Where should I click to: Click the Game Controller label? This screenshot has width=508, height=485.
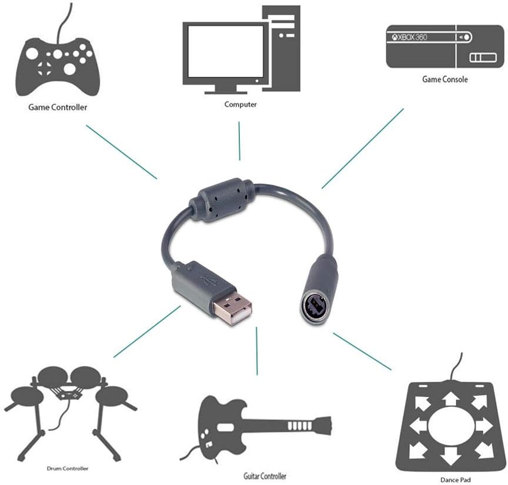pos(58,107)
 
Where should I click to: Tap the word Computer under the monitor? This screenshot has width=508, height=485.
pos(240,105)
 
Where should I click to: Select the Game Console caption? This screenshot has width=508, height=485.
pos(445,79)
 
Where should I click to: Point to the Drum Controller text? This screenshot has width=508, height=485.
pos(68,468)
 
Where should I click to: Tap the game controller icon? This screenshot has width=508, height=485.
pos(58,65)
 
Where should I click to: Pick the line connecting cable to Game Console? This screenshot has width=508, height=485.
pos(362,148)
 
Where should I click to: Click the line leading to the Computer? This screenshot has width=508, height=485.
pos(239,140)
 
